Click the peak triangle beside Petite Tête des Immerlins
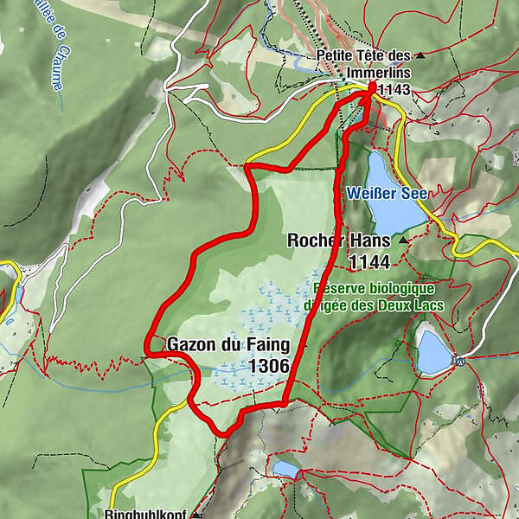coord(420,54)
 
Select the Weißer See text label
coord(387,193)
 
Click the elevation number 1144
coord(369,261)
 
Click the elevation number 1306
coord(268,366)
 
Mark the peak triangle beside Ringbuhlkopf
coord(195,514)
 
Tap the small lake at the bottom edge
coord(285,469)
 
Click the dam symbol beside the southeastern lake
coord(462,361)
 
